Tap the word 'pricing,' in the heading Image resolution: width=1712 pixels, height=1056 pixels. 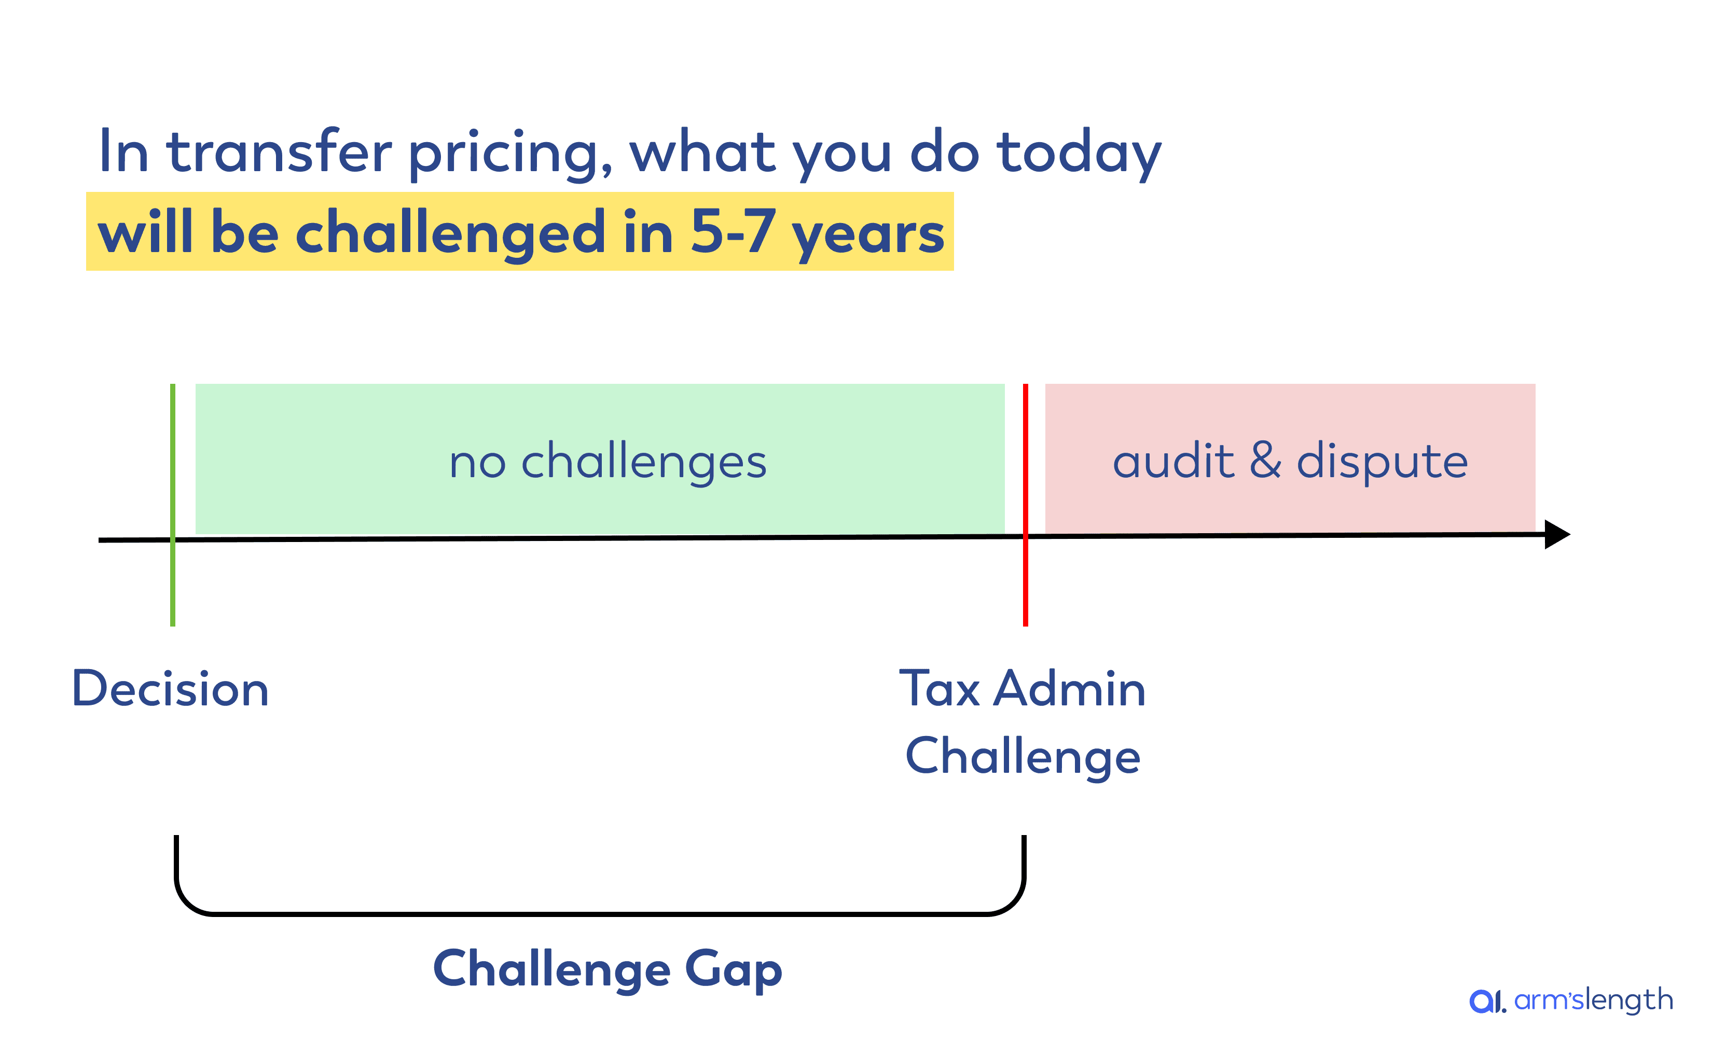point(510,154)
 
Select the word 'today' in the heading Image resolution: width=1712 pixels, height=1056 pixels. point(1079,154)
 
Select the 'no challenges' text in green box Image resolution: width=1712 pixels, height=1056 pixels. point(607,462)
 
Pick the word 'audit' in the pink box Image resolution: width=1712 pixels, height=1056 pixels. point(1173,461)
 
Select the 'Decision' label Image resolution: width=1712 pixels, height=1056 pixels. point(171,689)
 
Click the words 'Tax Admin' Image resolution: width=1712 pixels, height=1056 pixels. point(1022,689)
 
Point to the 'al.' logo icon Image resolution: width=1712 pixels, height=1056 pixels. point(1487,1000)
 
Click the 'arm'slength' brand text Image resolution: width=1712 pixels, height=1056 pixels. point(1593,1000)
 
